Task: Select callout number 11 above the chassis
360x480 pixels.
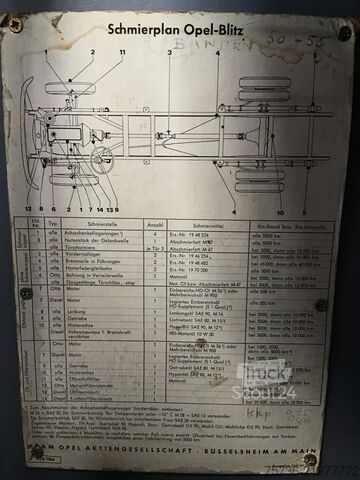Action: [x=121, y=51]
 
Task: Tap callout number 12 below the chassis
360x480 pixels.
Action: [x=30, y=209]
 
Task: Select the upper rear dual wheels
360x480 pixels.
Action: [x=264, y=91]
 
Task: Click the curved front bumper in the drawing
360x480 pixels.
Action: [x=31, y=135]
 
